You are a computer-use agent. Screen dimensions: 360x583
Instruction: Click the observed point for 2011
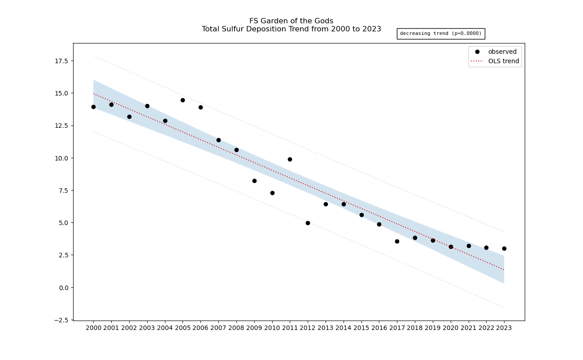click(290, 159)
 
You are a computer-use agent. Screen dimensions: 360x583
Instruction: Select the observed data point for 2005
click(183, 100)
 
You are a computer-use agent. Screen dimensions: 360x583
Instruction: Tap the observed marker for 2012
click(308, 223)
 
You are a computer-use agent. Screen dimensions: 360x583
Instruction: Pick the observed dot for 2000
click(93, 107)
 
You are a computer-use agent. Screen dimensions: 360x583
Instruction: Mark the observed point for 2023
click(504, 248)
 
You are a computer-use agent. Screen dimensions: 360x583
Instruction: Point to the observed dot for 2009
click(254, 181)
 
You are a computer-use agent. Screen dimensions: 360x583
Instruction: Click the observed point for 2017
click(397, 241)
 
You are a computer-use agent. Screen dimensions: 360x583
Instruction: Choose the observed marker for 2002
click(129, 117)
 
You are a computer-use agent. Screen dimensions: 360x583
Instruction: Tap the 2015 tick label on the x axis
click(361, 328)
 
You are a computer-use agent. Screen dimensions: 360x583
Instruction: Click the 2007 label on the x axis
click(218, 328)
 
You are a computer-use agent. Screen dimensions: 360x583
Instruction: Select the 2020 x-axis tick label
click(451, 328)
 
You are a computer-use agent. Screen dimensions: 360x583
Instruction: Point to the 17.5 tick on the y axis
click(61, 61)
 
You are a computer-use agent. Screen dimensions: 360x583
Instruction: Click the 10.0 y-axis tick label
click(61, 158)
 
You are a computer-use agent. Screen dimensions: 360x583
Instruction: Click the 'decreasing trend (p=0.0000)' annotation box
click(441, 34)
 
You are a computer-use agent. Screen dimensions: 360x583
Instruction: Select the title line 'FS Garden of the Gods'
click(291, 21)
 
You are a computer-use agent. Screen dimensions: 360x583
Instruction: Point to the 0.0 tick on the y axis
click(63, 288)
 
